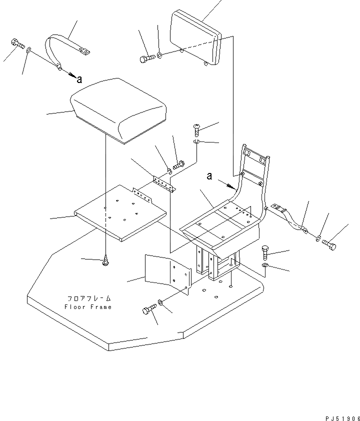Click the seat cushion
119,109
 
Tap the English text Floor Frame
88,307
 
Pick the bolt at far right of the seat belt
329,244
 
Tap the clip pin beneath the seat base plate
106,260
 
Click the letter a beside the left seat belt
79,78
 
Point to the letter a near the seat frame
209,175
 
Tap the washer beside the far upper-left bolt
29,49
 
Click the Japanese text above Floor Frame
88,298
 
